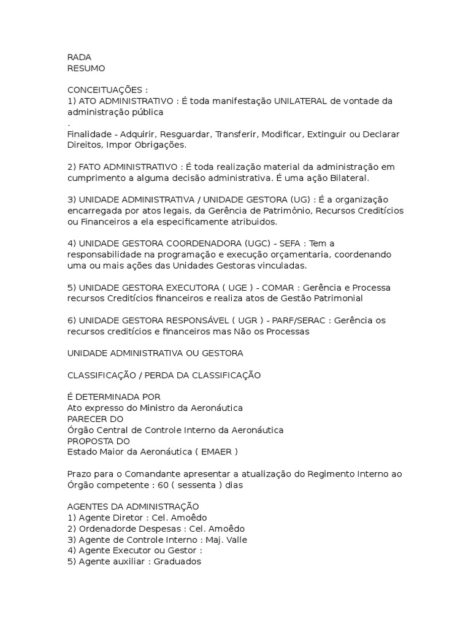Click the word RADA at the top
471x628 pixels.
pos(79,57)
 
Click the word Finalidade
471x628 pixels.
pos(88,134)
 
